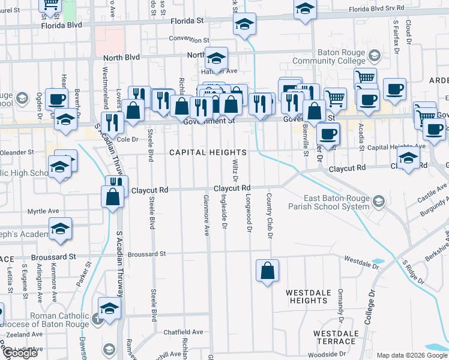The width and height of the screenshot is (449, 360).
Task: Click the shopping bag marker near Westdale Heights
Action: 267,271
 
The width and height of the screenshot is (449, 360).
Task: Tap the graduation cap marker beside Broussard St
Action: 61,229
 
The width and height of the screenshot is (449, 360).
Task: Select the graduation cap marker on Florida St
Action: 244,25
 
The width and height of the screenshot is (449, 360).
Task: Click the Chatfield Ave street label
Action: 184,332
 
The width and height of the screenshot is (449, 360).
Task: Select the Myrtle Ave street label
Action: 43,211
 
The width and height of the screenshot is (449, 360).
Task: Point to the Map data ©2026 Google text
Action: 411,355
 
